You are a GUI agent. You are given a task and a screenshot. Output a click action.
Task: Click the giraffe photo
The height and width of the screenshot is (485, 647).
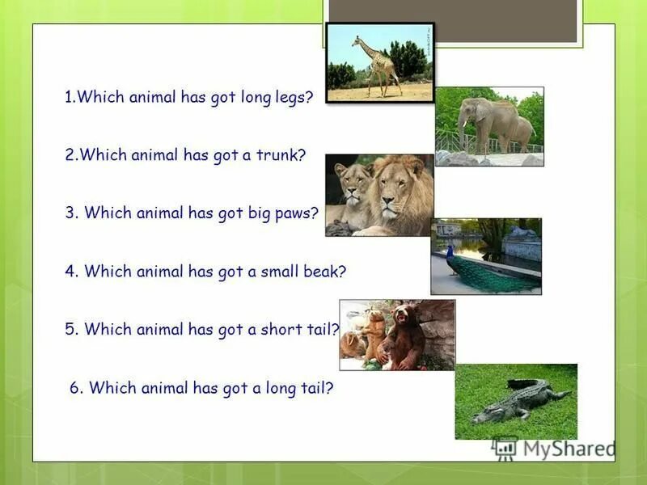pyautogui.click(x=379, y=61)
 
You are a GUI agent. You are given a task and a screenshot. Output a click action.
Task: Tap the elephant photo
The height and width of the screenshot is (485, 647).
pyautogui.click(x=489, y=126)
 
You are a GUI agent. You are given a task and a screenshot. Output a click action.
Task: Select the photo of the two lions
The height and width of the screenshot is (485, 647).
pyautogui.click(x=379, y=195)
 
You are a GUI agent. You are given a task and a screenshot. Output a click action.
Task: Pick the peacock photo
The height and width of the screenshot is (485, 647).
pyautogui.click(x=486, y=255)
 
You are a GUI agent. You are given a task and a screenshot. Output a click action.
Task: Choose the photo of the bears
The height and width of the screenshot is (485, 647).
pyautogui.click(x=397, y=335)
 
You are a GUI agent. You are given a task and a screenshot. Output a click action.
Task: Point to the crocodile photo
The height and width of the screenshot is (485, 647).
pyautogui.click(x=516, y=401)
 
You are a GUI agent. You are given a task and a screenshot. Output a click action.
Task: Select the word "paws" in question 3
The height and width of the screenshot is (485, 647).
pyautogui.click(x=299, y=213)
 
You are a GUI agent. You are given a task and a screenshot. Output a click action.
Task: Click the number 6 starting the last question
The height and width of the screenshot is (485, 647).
pyautogui.click(x=74, y=388)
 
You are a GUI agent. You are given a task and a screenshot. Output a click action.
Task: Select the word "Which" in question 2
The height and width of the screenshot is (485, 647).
pyautogui.click(x=103, y=154)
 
